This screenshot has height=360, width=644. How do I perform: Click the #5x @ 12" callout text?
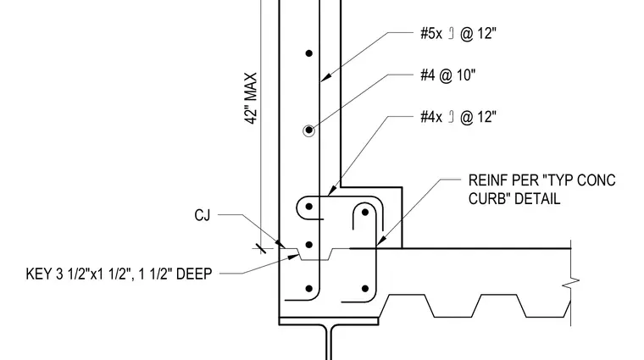458,33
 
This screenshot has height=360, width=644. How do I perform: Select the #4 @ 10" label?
447,75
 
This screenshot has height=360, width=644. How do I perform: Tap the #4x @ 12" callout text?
458,117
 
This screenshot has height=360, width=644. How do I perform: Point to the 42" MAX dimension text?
251,98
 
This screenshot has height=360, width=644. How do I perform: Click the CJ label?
202,215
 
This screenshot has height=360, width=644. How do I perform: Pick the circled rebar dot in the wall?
308,130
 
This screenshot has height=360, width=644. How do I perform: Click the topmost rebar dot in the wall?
309,53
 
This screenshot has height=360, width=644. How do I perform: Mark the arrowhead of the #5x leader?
325,78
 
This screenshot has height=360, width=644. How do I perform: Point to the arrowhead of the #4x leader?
332,191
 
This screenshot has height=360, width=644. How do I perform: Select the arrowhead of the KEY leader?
293,258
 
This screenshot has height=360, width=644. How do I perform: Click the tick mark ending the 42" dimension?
260,248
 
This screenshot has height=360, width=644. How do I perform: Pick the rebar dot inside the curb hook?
365,213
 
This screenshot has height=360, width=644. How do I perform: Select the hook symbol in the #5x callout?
451,33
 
